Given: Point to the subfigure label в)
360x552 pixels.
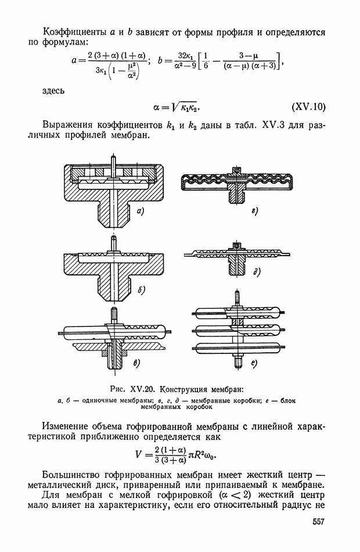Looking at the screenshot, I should click(x=137, y=364).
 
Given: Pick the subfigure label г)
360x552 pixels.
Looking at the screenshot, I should click(x=254, y=210).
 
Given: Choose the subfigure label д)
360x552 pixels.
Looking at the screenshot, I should click(x=256, y=271).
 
